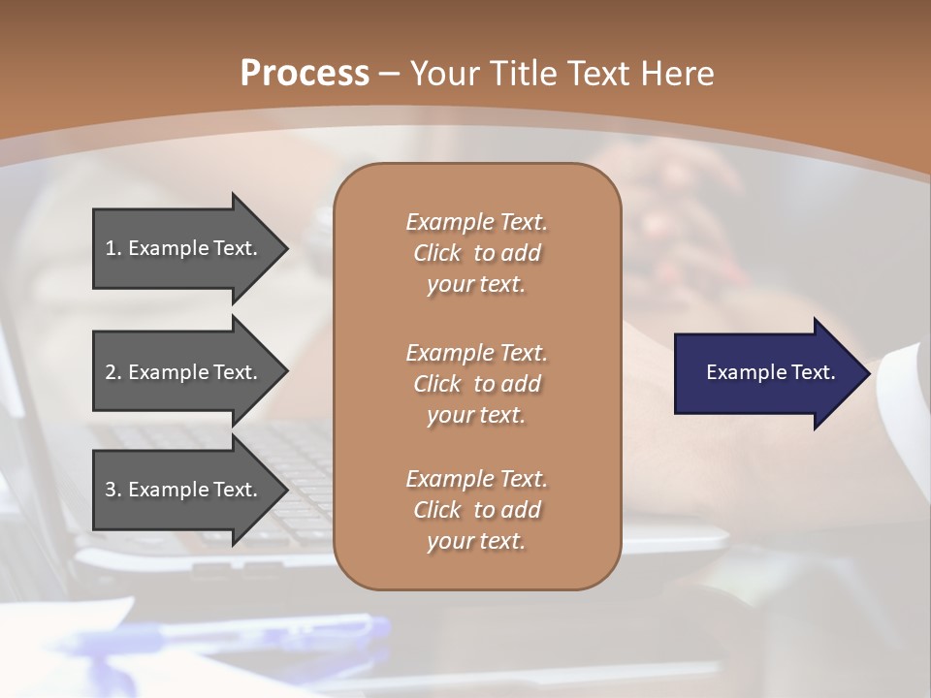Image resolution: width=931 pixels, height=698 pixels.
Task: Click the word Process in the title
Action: pyautogui.click(x=305, y=74)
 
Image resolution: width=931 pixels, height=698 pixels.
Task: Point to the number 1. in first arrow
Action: pyautogui.click(x=113, y=248)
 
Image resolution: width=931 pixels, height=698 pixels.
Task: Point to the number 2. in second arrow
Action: pyautogui.click(x=113, y=372)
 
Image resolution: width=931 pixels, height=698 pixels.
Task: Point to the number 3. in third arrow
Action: pyautogui.click(x=113, y=490)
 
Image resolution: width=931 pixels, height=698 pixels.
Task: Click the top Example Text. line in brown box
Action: pyautogui.click(x=476, y=222)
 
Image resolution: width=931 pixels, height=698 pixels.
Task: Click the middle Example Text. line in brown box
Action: pyautogui.click(x=476, y=352)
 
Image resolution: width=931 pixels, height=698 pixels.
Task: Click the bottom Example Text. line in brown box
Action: pyautogui.click(x=476, y=479)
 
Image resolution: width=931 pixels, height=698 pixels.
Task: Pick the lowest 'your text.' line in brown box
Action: pyautogui.click(x=476, y=541)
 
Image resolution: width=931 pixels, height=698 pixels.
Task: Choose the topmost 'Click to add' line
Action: pyautogui.click(x=476, y=253)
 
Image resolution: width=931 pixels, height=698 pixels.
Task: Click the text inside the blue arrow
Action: pyautogui.click(x=770, y=372)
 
